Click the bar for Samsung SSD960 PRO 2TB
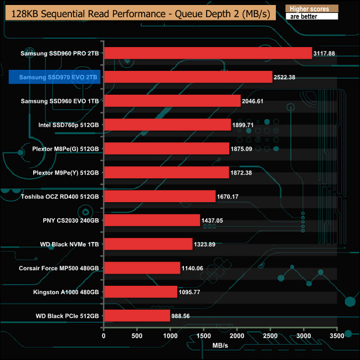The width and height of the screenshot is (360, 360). point(208,53)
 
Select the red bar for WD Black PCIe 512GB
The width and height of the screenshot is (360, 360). point(137,316)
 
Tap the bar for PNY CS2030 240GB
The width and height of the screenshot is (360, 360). point(152,220)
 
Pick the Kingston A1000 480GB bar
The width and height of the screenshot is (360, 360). point(140,292)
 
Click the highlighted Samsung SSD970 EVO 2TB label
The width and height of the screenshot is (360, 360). point(55,77)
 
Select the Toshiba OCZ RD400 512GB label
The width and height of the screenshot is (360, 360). point(60,197)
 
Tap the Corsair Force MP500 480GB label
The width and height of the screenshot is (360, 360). point(59,268)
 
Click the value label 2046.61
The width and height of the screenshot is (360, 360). point(256,101)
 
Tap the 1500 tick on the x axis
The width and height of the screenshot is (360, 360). point(204,336)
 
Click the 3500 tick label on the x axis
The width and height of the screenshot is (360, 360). point(337,336)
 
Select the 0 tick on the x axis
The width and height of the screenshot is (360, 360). point(104,336)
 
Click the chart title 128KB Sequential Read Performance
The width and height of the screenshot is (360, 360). point(138,14)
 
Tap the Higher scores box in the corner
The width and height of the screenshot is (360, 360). point(310,9)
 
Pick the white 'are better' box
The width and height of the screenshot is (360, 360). point(310,17)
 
